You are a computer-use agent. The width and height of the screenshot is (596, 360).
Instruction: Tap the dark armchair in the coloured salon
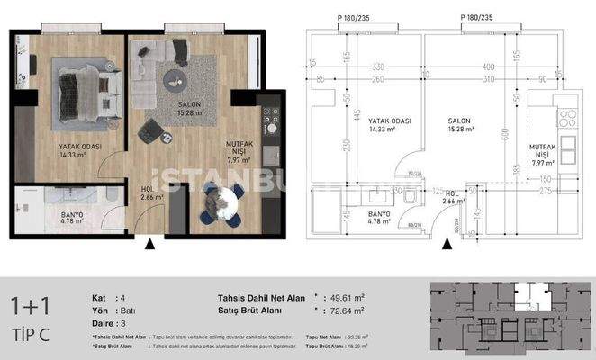pos(150,131)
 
